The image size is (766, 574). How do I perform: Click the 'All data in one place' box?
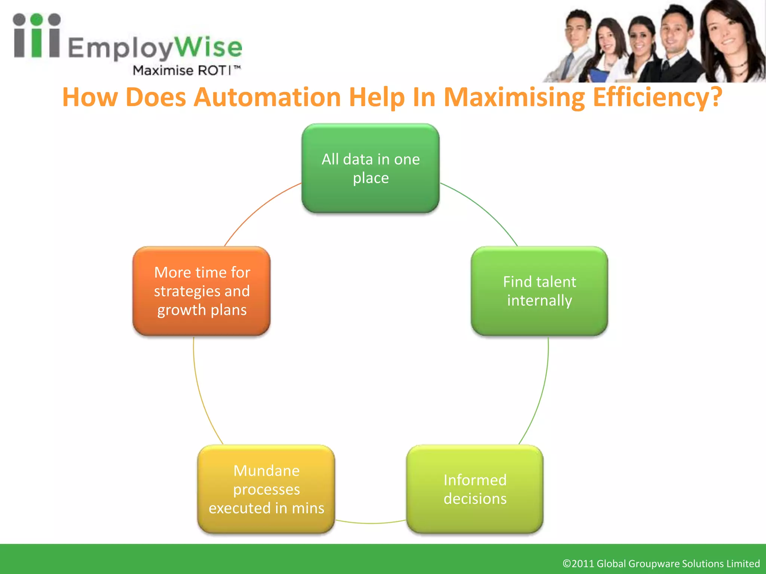click(x=370, y=169)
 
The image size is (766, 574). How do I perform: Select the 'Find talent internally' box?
click(x=539, y=291)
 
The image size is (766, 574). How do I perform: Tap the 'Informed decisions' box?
click(x=475, y=489)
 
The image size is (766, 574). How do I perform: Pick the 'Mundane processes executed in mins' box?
click(x=266, y=489)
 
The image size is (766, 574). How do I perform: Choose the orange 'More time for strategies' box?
click(x=202, y=291)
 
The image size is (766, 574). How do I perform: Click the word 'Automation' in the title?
click(x=267, y=97)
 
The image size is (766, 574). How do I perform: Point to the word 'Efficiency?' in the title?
click(x=657, y=97)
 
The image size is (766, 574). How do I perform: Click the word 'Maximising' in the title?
click(x=514, y=97)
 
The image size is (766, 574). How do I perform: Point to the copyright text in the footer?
click(x=661, y=563)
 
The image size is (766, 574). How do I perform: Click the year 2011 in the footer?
click(x=583, y=563)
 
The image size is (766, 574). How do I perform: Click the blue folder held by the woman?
click(x=599, y=75)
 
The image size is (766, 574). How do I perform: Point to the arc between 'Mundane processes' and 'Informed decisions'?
click(x=370, y=523)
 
